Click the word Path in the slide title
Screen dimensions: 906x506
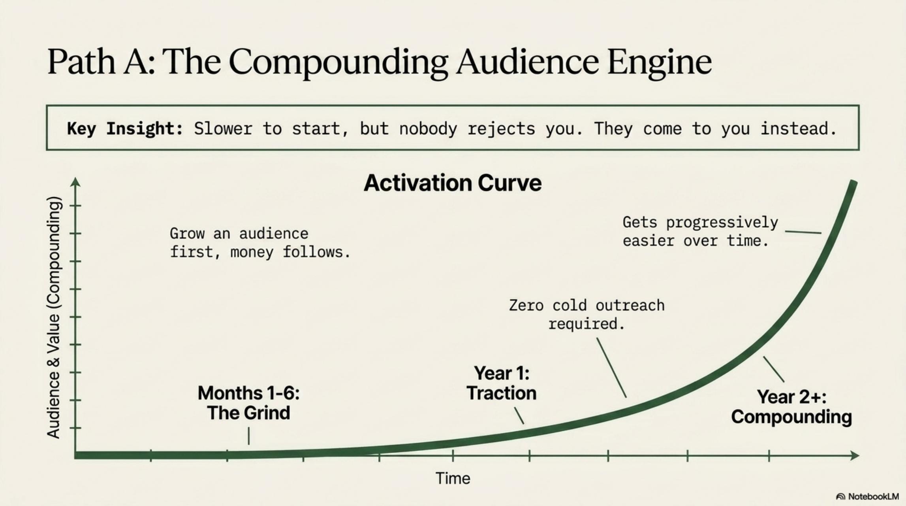[81, 62]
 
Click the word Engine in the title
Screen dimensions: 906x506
[660, 63]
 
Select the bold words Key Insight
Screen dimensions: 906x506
[125, 129]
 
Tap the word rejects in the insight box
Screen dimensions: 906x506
[501, 129]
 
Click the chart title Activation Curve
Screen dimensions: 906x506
[453, 183]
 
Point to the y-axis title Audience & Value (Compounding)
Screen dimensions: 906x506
[54, 317]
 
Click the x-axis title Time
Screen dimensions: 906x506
[453, 478]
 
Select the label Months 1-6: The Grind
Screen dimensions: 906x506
[248, 403]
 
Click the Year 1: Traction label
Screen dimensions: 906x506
[502, 383]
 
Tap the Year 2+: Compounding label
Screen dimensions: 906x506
[791, 407]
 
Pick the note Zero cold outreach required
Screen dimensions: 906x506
[586, 315]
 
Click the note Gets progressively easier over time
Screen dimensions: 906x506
[700, 232]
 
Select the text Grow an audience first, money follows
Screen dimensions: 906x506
[260, 243]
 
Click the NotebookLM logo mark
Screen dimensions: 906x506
[841, 497]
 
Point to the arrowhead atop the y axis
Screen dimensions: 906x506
[75, 182]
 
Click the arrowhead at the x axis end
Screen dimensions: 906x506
[854, 455]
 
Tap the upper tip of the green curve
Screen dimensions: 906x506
[854, 182]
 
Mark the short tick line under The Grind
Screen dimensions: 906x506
[249, 436]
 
